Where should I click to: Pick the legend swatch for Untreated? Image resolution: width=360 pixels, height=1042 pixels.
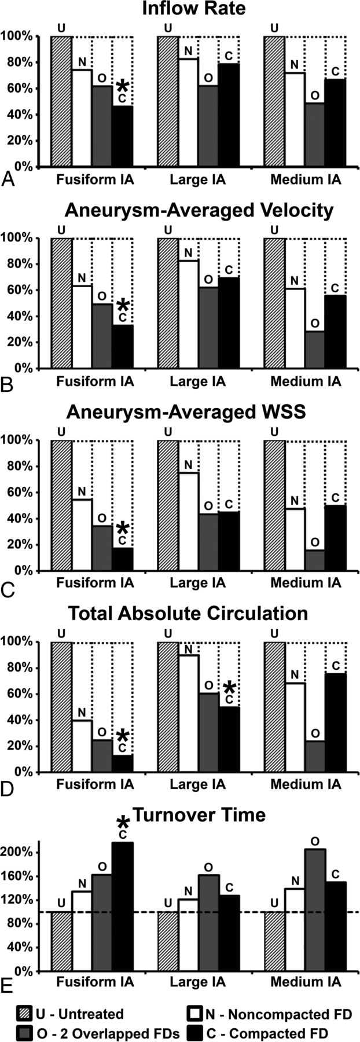click(25, 1014)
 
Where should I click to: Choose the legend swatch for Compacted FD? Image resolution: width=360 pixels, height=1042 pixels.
click(196, 1032)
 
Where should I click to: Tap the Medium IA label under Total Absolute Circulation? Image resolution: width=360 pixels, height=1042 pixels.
click(306, 785)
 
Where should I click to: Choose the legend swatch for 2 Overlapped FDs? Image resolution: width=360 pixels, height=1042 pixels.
click(25, 1032)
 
